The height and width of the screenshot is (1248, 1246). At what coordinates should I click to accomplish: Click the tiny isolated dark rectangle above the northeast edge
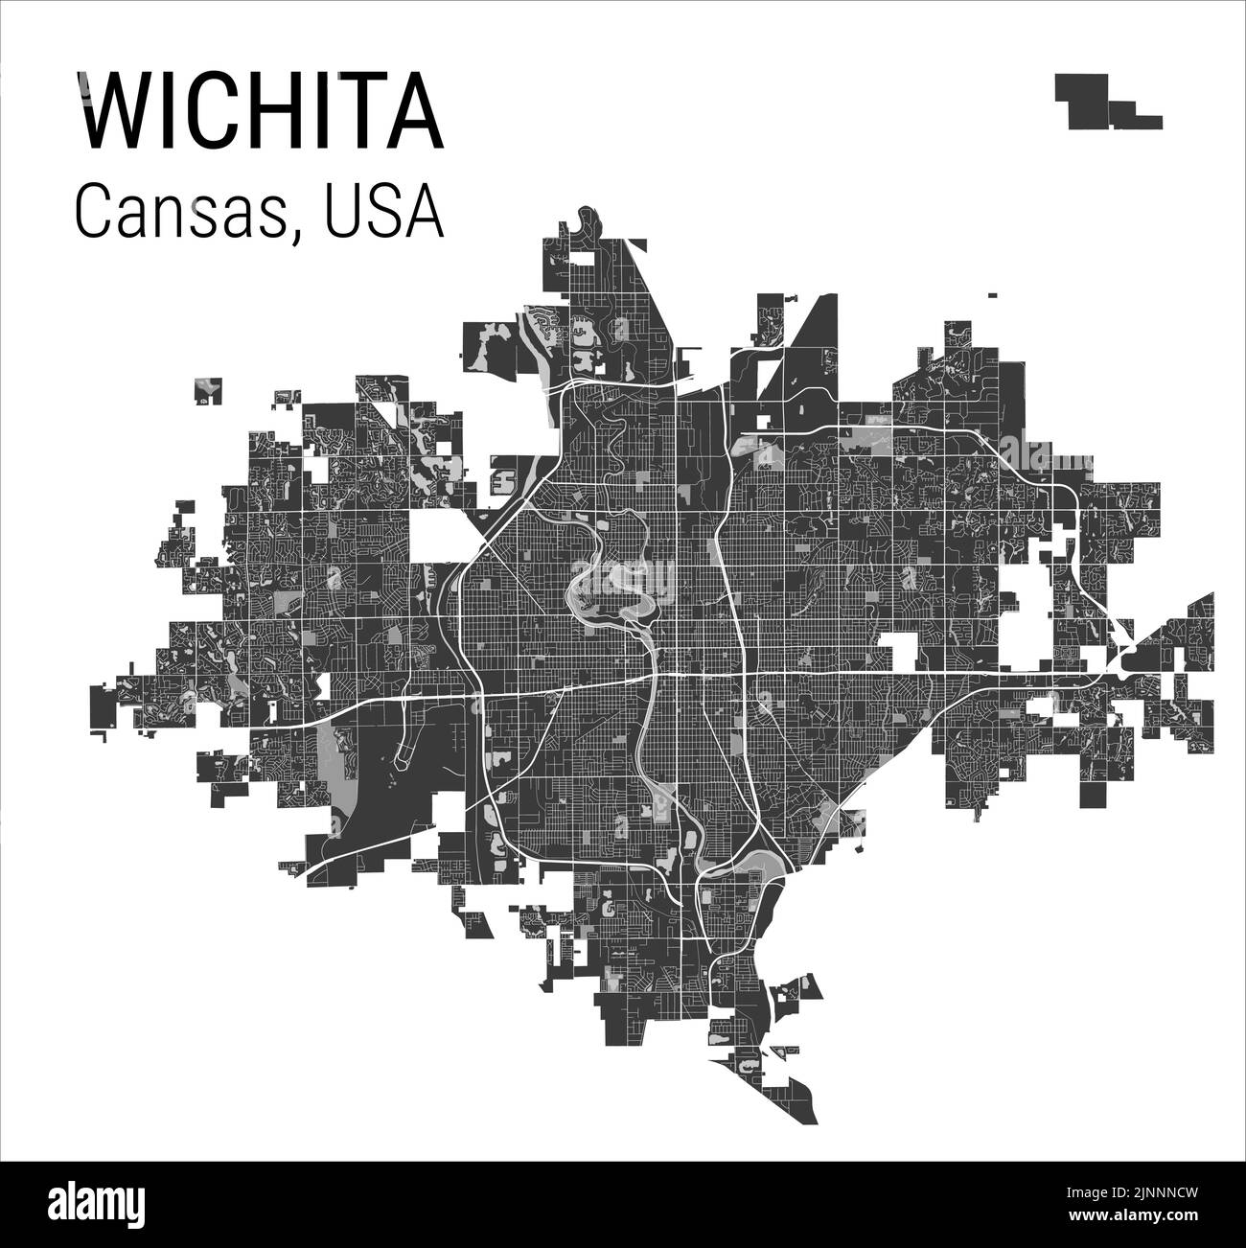(x=991, y=295)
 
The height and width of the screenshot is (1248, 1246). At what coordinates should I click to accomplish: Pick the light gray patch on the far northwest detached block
(x=207, y=387)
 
